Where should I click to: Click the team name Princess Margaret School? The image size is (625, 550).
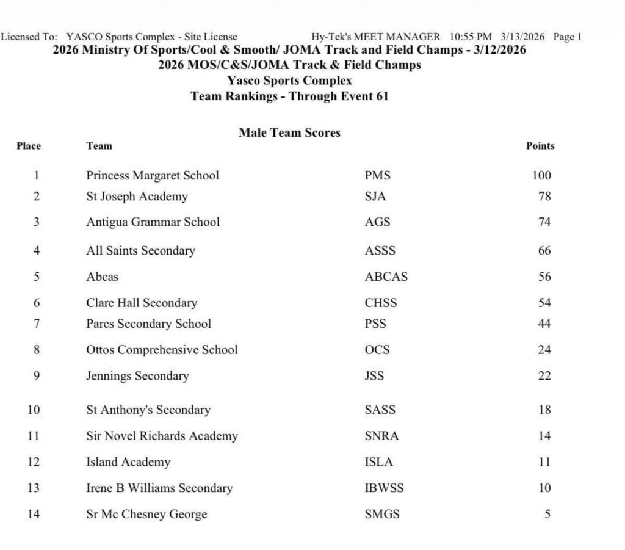click(x=152, y=176)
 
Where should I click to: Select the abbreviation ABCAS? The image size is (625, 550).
click(x=386, y=277)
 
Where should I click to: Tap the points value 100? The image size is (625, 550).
click(x=541, y=176)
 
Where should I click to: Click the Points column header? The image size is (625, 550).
click(x=540, y=146)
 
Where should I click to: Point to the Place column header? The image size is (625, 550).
click(x=29, y=146)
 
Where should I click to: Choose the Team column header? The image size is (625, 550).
click(x=99, y=146)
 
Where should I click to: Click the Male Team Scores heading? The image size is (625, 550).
click(x=289, y=132)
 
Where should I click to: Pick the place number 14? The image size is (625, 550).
click(x=34, y=514)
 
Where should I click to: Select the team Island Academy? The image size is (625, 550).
click(x=128, y=462)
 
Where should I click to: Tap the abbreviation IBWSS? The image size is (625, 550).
click(x=384, y=488)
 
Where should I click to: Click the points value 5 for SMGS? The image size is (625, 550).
click(x=547, y=514)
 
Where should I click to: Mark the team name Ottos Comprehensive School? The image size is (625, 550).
click(x=162, y=350)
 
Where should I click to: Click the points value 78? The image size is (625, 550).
click(x=544, y=197)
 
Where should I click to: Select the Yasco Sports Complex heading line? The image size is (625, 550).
click(x=289, y=81)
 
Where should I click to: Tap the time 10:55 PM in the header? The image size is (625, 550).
click(x=471, y=37)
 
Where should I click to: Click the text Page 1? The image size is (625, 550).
click(x=567, y=37)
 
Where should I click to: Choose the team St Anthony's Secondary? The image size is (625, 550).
click(x=148, y=410)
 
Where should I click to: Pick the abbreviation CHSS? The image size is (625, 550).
click(x=380, y=303)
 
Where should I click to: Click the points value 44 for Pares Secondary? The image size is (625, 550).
click(x=544, y=324)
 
